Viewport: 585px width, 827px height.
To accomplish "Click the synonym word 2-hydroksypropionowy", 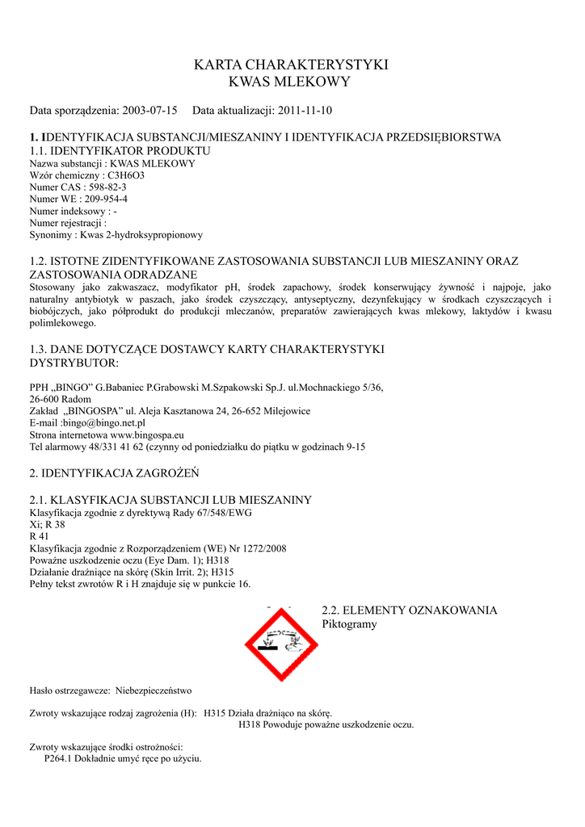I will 154,235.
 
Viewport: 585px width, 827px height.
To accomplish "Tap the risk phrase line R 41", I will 39,537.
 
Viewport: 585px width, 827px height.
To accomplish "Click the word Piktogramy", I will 349,624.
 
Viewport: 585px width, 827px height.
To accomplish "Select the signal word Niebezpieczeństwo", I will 154,691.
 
